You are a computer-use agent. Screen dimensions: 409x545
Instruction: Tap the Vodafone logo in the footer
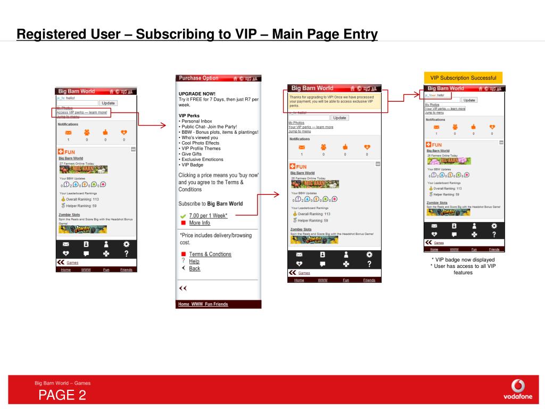pyautogui.click(x=517, y=389)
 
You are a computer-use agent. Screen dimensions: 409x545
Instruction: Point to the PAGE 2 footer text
pyautogui.click(x=62, y=395)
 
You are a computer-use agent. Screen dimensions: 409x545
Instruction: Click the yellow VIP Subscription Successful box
pyautogui.click(x=463, y=78)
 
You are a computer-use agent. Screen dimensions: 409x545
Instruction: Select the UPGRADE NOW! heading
pyautogui.click(x=197, y=94)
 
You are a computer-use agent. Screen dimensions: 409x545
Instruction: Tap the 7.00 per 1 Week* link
pyautogui.click(x=208, y=216)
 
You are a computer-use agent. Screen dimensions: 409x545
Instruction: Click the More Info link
pyautogui.click(x=200, y=223)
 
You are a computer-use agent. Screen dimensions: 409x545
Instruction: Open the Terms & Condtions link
pyautogui.click(x=210, y=255)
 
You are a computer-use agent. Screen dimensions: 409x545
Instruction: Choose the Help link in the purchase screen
pyautogui.click(x=194, y=261)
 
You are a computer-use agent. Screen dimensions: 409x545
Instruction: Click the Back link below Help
pyautogui.click(x=195, y=269)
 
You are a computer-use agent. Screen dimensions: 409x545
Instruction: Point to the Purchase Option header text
pyautogui.click(x=199, y=78)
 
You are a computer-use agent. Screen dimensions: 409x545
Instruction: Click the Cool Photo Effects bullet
pyautogui.click(x=200, y=143)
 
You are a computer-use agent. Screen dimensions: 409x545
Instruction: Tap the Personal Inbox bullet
pyautogui.click(x=196, y=121)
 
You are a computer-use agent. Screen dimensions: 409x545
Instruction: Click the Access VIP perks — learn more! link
pyautogui.click(x=82, y=112)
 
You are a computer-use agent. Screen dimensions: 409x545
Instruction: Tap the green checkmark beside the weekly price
pyautogui.click(x=183, y=216)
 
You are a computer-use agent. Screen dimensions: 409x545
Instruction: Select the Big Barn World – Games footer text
pyautogui.click(x=63, y=383)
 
